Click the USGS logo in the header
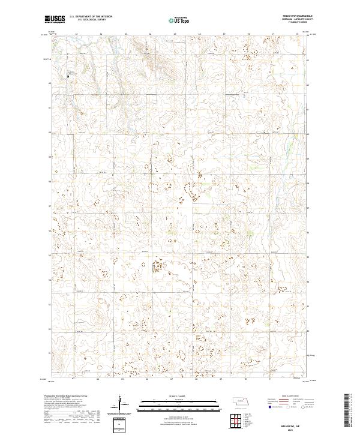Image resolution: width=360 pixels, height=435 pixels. click(55, 19)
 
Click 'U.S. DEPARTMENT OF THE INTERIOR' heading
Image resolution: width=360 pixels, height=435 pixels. click(91, 17)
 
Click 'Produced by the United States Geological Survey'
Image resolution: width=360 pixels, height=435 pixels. click(67, 397)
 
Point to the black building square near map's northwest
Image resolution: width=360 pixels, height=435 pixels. click(68, 77)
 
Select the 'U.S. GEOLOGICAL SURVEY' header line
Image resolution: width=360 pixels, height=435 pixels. click(91, 20)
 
